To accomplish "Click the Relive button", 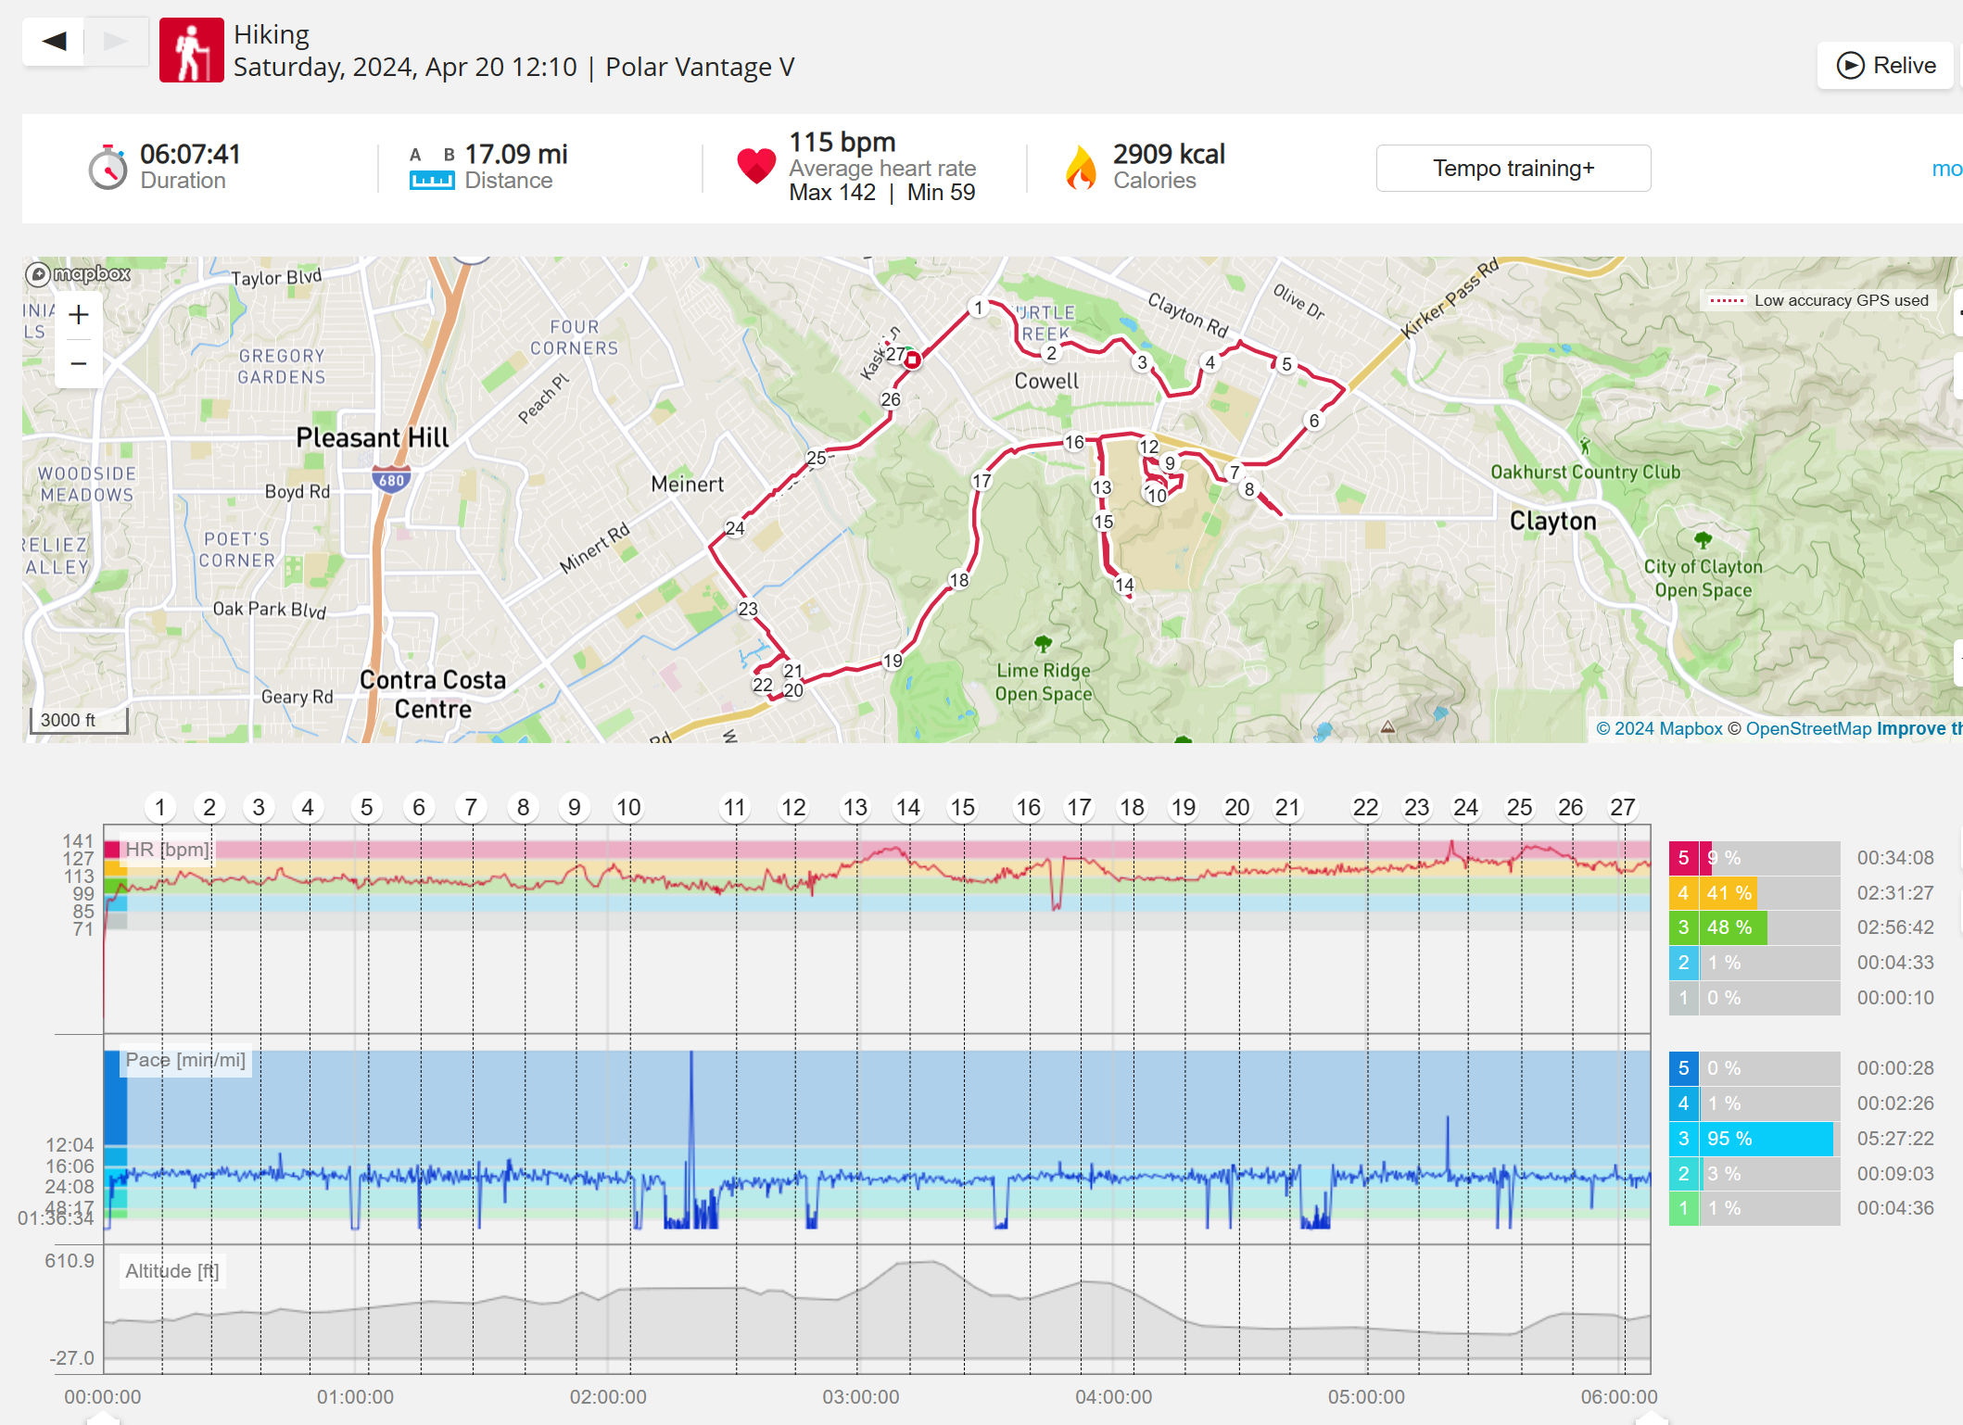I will pyautogui.click(x=1886, y=66).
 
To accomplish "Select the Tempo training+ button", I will pyautogui.click(x=1513, y=169).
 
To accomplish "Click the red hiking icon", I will pyautogui.click(x=191, y=51).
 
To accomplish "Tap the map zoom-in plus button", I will pyautogui.click(x=79, y=315).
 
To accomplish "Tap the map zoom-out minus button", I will pyautogui.click(x=79, y=364).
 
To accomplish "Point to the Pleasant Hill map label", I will pyautogui.click(x=372, y=437).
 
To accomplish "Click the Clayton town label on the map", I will pyautogui.click(x=1552, y=521).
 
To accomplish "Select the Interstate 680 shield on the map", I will pyautogui.click(x=392, y=481).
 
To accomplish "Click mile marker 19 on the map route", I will pyautogui.click(x=893, y=661).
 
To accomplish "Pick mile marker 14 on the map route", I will pyautogui.click(x=1124, y=585).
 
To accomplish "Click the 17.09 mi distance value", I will pyautogui.click(x=515, y=154).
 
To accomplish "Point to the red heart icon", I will pyautogui.click(x=756, y=166).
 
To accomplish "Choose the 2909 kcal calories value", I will pyautogui.click(x=1169, y=154).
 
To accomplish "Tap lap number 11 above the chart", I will pyautogui.click(x=734, y=808).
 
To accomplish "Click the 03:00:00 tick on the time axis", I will pyautogui.click(x=860, y=1397).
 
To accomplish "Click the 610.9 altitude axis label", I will pyautogui.click(x=70, y=1261).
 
